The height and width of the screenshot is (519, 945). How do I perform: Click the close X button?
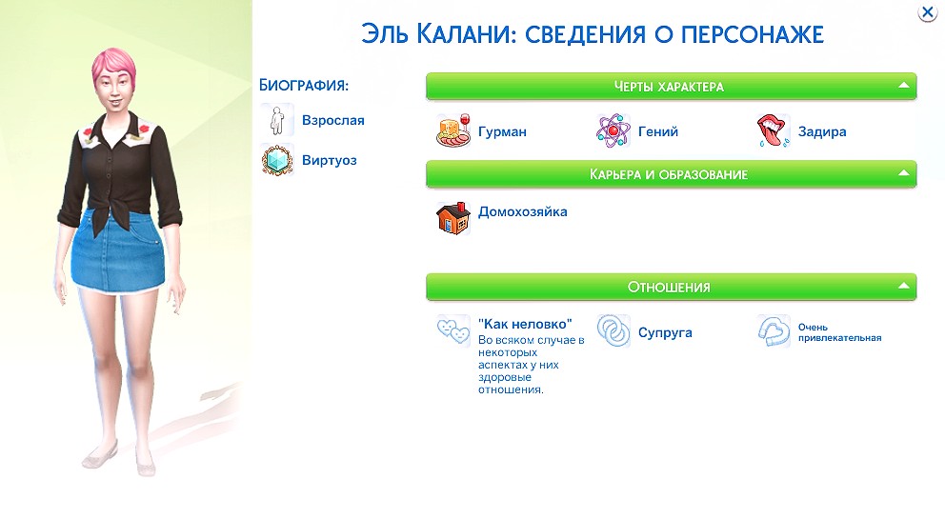(926, 12)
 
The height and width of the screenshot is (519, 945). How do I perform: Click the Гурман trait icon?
(452, 131)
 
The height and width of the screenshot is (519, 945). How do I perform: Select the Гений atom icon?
(613, 131)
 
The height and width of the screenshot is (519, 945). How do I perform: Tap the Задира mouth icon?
(773, 131)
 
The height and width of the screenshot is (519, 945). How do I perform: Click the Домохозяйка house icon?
(452, 218)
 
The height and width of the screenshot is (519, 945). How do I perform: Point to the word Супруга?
(665, 332)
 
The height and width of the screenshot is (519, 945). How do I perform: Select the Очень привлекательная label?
(839, 331)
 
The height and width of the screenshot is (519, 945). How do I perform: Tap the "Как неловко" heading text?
(524, 324)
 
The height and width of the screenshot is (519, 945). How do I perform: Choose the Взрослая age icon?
(276, 121)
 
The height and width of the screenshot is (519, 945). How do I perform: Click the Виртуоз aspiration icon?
(276, 160)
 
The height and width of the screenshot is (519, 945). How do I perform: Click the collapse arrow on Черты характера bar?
(903, 86)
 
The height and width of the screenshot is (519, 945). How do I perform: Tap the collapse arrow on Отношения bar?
(903, 286)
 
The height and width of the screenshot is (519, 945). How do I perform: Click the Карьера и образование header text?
(669, 174)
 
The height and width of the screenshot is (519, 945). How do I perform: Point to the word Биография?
(303, 86)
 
